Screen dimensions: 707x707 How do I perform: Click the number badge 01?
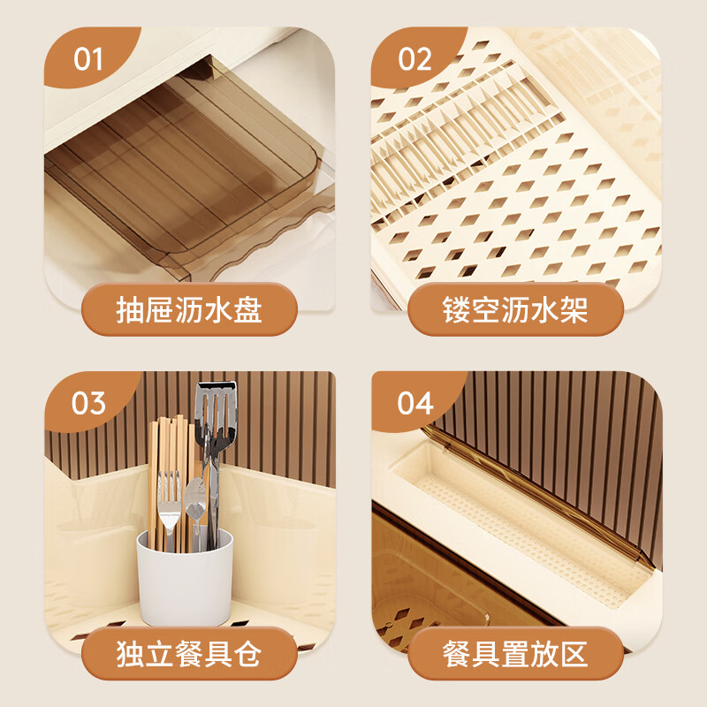pyautogui.click(x=88, y=59)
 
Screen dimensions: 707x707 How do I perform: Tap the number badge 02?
pyautogui.click(x=414, y=59)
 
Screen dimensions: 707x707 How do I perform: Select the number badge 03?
pyautogui.click(x=88, y=403)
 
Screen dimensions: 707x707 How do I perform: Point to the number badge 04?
pyautogui.click(x=414, y=403)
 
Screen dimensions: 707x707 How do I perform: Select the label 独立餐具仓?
pyautogui.click(x=188, y=655)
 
